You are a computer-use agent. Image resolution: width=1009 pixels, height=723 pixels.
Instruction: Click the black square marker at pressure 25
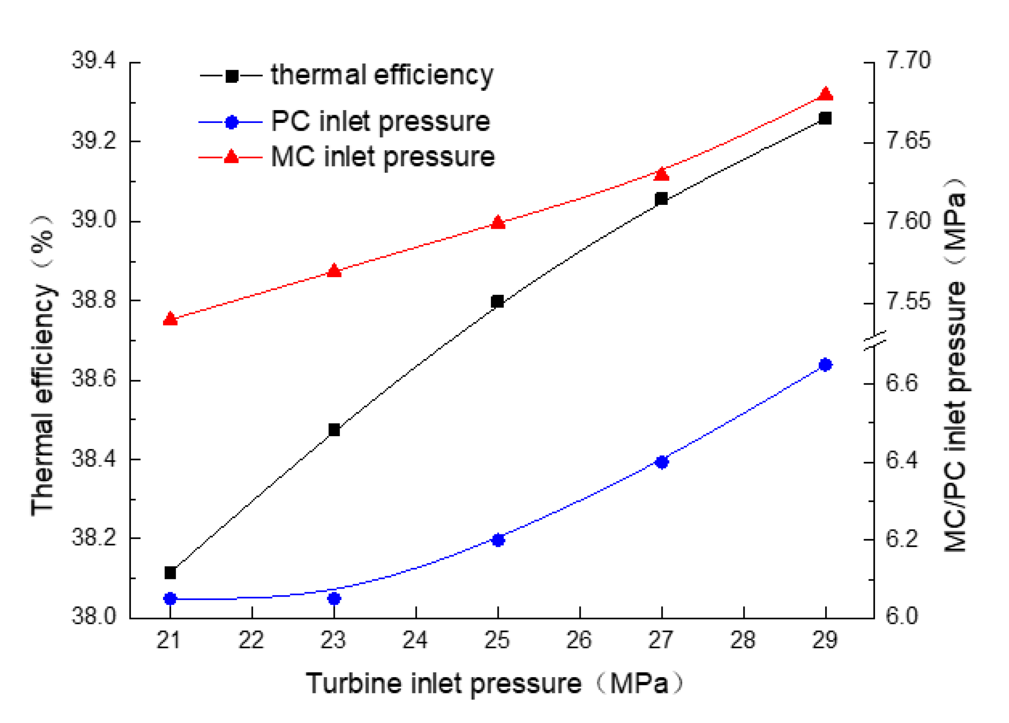(x=497, y=302)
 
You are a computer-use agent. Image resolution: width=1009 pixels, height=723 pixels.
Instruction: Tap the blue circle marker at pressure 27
(x=662, y=462)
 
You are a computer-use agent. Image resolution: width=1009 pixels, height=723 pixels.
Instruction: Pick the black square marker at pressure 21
(x=171, y=573)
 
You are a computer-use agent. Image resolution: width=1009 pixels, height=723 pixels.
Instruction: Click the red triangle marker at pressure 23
(x=334, y=271)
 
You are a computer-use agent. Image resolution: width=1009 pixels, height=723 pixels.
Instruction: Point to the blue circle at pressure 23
(x=334, y=599)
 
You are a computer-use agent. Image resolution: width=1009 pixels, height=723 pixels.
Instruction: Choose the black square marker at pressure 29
(x=825, y=119)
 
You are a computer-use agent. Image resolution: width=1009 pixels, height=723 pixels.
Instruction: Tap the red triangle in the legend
(x=231, y=156)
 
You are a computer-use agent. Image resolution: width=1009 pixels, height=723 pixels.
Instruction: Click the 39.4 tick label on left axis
(x=93, y=61)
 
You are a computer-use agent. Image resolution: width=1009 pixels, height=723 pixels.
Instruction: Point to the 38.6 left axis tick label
(x=93, y=379)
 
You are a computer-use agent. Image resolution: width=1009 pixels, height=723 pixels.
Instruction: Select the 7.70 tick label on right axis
(x=908, y=61)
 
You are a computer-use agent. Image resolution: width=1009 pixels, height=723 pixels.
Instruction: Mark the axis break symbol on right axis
(x=875, y=341)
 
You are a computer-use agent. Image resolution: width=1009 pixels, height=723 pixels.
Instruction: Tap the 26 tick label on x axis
(x=579, y=641)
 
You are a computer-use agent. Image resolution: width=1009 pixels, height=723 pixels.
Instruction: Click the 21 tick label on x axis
(x=169, y=641)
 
